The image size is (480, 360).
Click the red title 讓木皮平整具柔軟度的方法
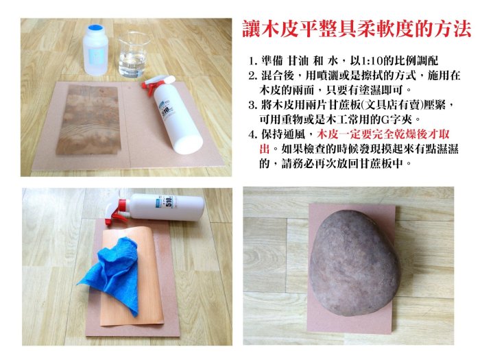click(357, 29)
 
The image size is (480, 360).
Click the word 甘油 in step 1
click(298, 60)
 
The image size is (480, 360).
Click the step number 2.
click(252, 76)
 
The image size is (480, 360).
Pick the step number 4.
click(252, 134)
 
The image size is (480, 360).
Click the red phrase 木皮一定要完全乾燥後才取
click(383, 134)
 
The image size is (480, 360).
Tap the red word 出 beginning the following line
click(265, 149)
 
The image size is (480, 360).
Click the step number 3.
click(252, 106)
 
